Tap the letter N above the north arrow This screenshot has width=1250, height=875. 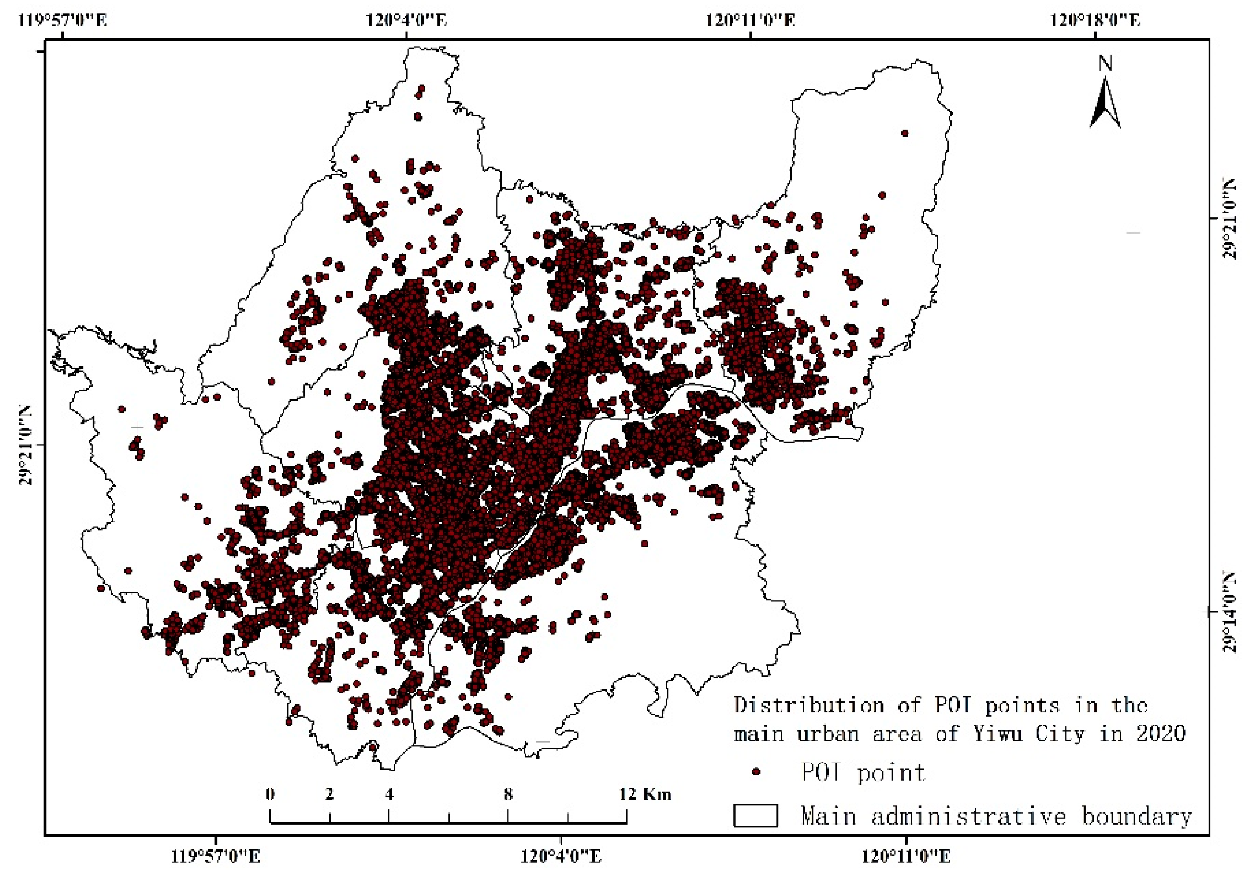click(1105, 64)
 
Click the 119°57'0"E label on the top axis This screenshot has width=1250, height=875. click(63, 21)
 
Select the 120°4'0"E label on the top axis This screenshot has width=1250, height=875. click(406, 21)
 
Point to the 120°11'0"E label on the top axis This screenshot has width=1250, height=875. click(750, 21)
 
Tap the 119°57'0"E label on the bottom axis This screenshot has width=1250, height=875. click(216, 857)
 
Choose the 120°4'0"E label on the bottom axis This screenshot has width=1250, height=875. click(561, 857)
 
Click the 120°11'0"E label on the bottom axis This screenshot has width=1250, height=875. click(906, 857)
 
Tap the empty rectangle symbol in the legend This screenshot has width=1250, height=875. click(755, 815)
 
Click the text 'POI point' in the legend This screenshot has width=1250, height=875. click(863, 772)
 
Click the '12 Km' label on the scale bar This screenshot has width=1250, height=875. click(645, 794)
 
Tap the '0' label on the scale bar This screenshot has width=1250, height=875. click(270, 794)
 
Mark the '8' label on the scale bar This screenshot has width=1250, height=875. click(508, 794)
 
